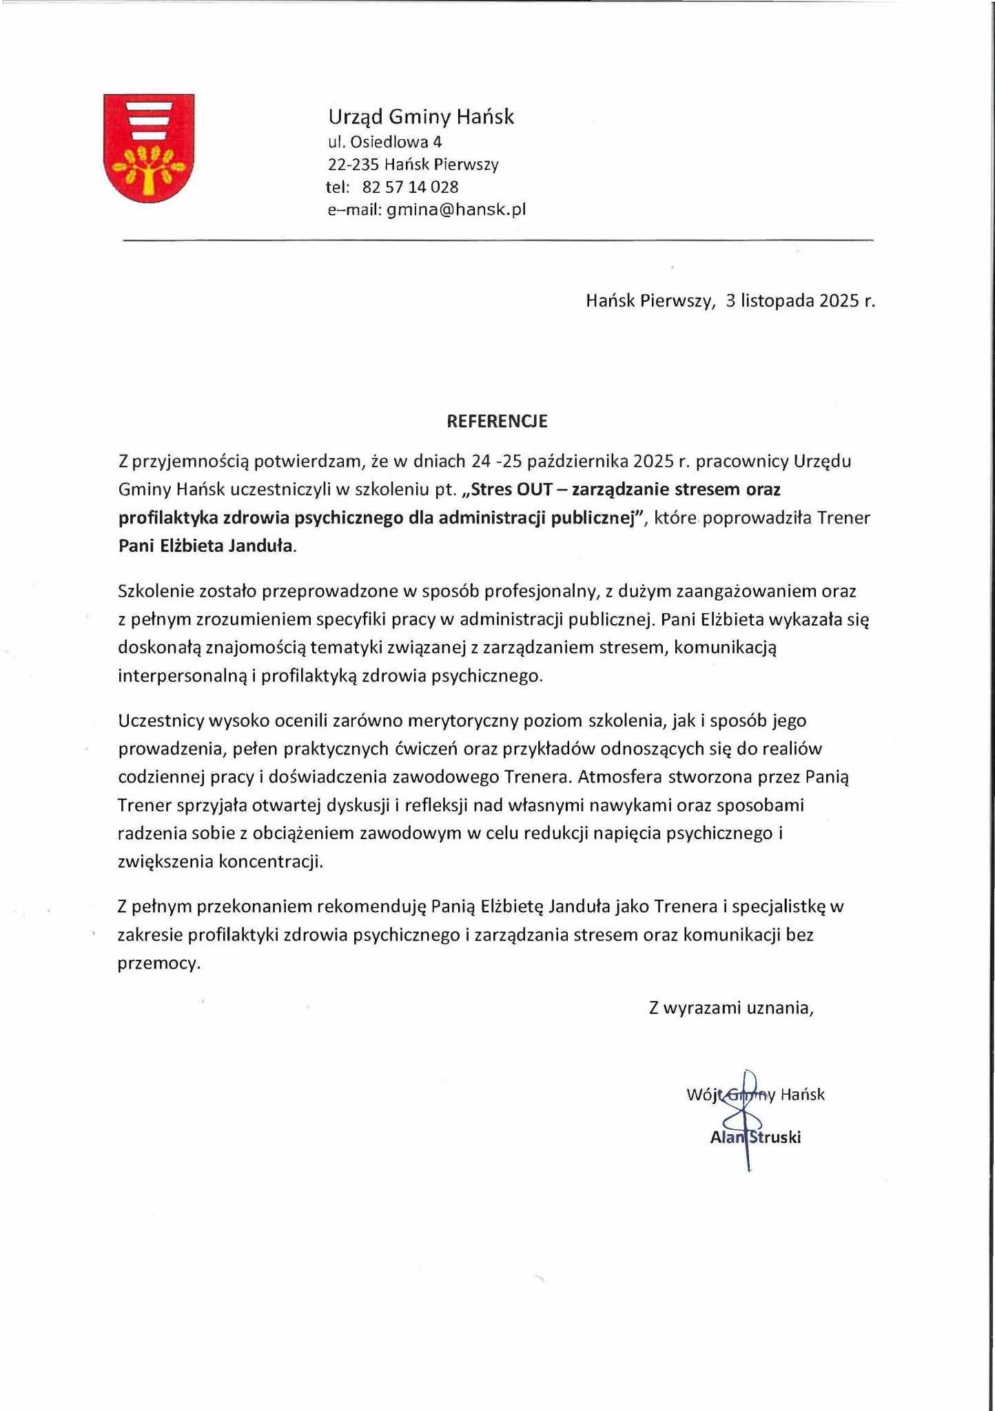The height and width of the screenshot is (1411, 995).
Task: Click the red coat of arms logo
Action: pos(148,148)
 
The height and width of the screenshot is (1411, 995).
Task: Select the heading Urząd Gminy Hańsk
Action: pos(420,117)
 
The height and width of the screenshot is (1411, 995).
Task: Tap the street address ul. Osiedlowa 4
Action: pos(384,142)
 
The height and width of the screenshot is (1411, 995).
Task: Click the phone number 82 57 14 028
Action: pos(410,187)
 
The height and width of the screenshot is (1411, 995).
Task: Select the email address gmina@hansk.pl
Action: pos(456,210)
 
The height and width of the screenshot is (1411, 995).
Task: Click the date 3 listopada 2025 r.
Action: pos(800,301)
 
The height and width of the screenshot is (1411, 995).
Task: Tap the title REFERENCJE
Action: pos(497,422)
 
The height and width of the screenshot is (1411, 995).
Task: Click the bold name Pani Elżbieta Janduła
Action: pos(206,546)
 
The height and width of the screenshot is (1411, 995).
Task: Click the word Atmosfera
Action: pos(614,777)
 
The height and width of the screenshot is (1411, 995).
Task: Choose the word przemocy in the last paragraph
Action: pos(158,963)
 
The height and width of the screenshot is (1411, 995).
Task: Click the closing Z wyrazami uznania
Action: pos(731,1008)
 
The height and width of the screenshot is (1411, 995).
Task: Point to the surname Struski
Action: pos(775,1137)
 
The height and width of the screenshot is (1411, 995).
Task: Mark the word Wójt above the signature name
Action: pos(702,1094)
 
